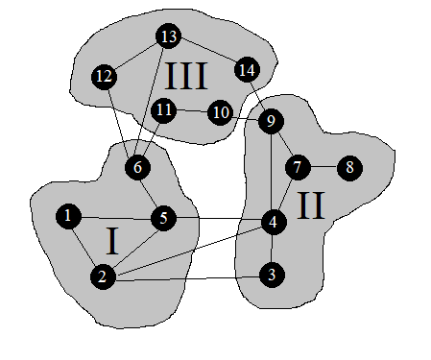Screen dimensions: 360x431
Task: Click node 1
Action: [x=67, y=217]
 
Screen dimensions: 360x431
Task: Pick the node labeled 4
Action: [x=273, y=222]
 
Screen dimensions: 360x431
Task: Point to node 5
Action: [x=163, y=219]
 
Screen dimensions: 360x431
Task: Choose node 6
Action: [x=137, y=167]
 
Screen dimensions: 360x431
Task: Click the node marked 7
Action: [x=298, y=167]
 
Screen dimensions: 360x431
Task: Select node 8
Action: [x=349, y=167]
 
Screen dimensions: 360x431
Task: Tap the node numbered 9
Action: [x=271, y=121]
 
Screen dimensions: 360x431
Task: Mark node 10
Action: [x=221, y=113]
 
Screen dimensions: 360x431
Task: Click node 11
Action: [x=164, y=109]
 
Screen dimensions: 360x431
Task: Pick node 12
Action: [x=105, y=76]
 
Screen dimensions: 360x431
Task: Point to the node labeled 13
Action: [x=169, y=37]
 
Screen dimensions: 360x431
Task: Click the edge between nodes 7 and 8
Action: [x=323, y=167]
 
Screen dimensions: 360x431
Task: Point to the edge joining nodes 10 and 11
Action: [x=192, y=111]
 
